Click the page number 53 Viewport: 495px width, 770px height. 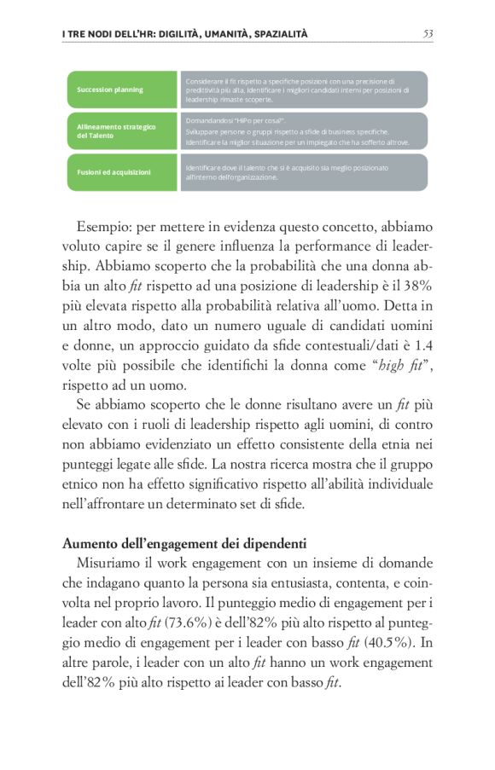428,34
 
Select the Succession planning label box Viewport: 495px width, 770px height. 122,90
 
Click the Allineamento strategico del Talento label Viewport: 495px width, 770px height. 122,130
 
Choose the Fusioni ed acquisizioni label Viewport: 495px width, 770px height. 122,172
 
